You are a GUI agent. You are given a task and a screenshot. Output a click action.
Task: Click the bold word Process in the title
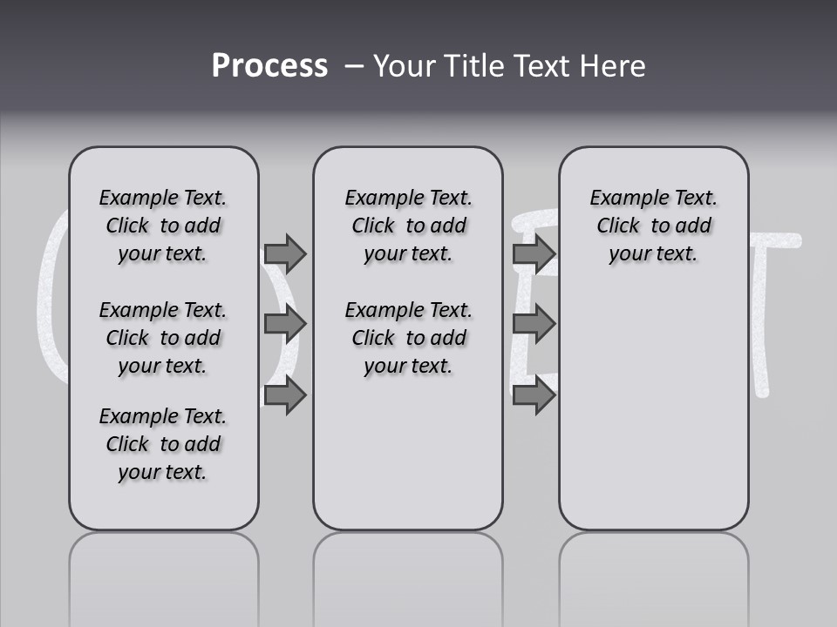[269, 66]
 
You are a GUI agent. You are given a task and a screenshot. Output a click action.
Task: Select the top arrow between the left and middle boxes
[285, 253]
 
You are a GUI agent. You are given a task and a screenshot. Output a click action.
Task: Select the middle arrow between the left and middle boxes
[285, 324]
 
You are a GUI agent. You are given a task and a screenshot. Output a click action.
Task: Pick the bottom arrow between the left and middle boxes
[285, 395]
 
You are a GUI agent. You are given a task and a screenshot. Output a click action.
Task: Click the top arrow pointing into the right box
[534, 253]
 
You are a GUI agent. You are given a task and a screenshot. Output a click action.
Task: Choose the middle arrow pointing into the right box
[534, 324]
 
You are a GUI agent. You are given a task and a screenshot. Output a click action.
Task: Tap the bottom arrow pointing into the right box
[534, 395]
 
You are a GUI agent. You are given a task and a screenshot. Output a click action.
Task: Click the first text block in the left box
[163, 226]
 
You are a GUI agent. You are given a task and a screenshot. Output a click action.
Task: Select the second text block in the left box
[163, 338]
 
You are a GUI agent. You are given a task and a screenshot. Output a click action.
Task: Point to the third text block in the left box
[163, 444]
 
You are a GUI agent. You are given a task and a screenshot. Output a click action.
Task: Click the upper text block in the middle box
[408, 226]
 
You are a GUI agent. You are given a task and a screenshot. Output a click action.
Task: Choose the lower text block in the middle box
[408, 338]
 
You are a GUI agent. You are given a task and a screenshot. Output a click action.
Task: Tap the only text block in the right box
[653, 226]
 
